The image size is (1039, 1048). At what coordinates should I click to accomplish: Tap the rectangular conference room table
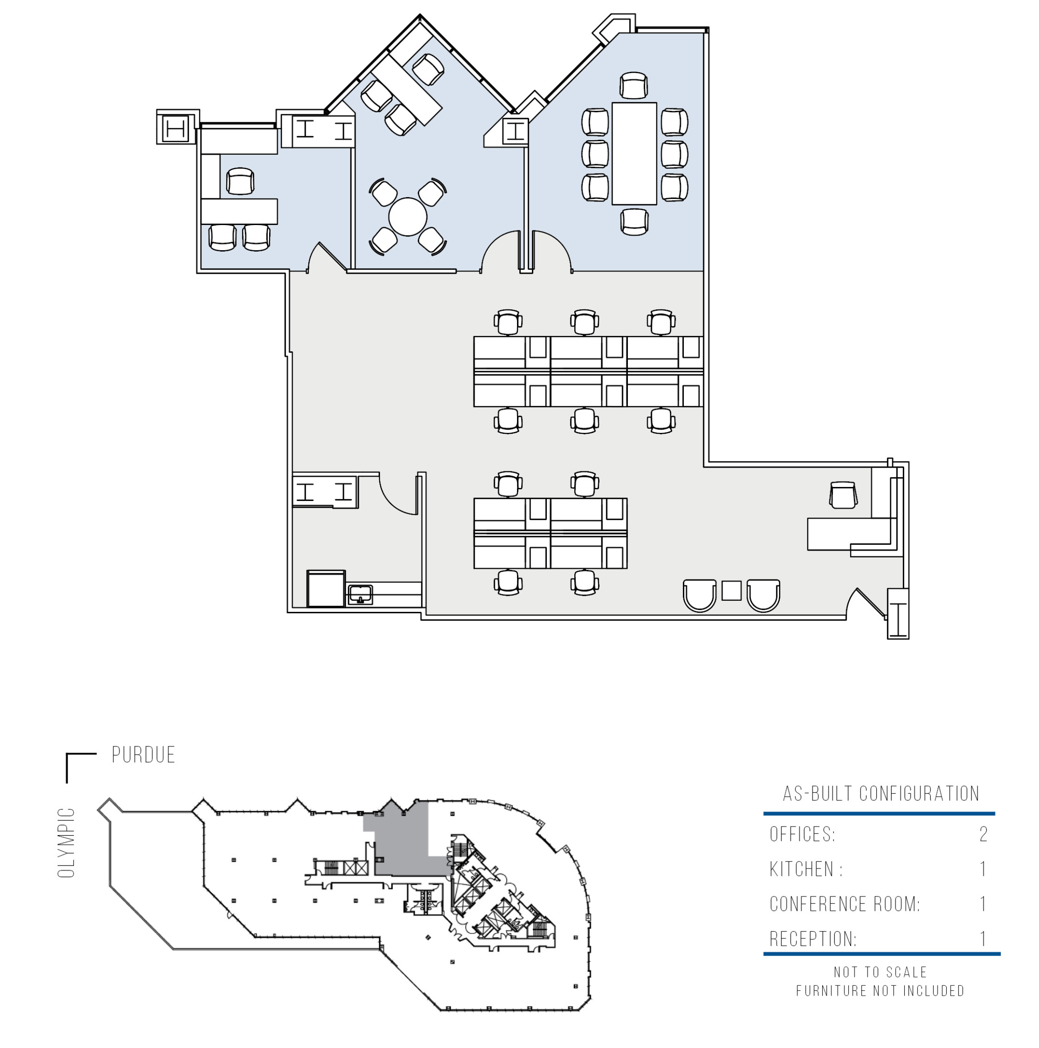click(x=634, y=153)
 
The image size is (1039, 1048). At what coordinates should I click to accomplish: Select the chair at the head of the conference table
click(x=633, y=85)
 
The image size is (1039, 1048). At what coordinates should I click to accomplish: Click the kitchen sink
click(x=360, y=593)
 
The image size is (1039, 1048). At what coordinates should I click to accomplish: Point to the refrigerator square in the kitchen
click(x=326, y=588)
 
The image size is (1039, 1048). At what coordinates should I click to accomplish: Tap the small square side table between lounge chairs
click(x=731, y=591)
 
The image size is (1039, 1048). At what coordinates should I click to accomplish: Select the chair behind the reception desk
click(x=843, y=495)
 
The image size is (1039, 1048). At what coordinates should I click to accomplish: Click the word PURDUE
click(x=143, y=754)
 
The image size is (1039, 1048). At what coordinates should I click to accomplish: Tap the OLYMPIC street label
click(x=66, y=842)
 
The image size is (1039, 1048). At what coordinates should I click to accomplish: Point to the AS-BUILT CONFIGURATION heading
click(x=881, y=794)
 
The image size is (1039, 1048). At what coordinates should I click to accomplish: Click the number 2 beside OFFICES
click(x=983, y=834)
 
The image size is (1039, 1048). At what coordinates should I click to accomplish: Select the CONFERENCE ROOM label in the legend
click(x=844, y=904)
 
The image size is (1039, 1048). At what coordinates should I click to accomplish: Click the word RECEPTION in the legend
click(x=813, y=939)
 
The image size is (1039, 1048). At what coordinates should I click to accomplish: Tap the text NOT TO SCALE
click(x=880, y=972)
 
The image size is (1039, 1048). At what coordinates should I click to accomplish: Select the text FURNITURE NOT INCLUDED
click(x=880, y=991)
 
